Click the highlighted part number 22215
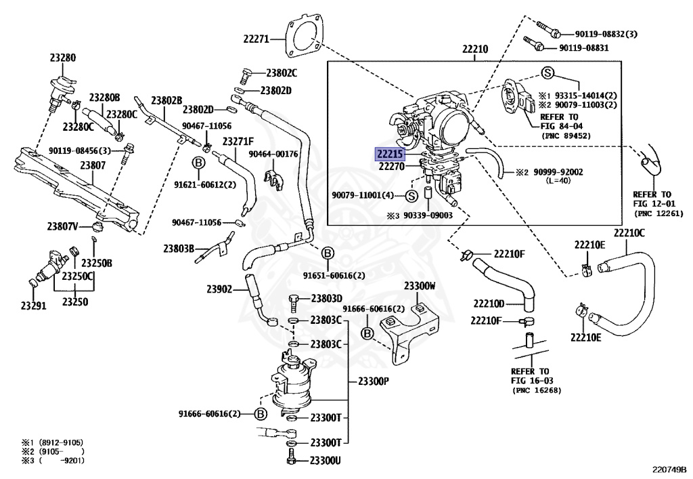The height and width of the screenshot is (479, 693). click(389, 153)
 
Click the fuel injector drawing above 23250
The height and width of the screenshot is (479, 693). click(53, 266)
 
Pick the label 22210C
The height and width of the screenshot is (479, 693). click(629, 234)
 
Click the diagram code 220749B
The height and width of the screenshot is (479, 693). click(669, 468)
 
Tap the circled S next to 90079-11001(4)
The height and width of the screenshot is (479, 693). click(410, 196)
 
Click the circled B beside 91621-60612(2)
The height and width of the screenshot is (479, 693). click(198, 163)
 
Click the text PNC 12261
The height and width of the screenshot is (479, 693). click(659, 213)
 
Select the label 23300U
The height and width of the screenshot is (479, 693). click(326, 460)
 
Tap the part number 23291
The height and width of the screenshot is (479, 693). click(33, 306)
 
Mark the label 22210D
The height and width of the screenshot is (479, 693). click(489, 303)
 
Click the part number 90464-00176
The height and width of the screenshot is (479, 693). click(273, 154)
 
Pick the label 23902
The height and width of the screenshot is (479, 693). click(220, 289)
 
